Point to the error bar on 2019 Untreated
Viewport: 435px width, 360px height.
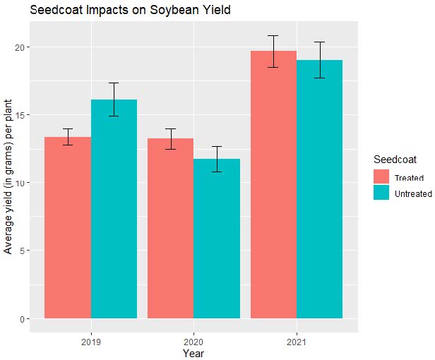tap(114, 100)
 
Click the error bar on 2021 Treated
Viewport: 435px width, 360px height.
tap(273, 51)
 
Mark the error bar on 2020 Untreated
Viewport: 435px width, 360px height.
tap(217, 159)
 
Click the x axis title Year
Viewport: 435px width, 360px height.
tap(193, 352)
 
